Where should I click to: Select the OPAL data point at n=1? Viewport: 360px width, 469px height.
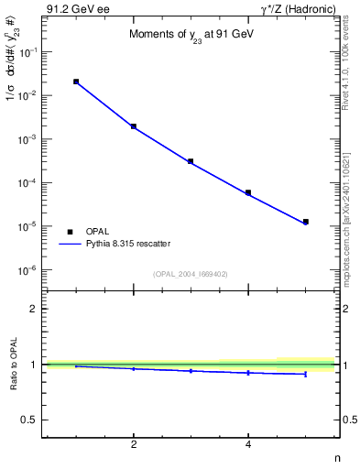pos(76,82)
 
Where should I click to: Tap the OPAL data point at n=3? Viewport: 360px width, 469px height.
pos(191,161)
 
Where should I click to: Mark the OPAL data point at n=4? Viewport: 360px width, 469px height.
pos(248,192)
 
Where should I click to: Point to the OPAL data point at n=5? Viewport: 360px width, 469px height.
pos(306,222)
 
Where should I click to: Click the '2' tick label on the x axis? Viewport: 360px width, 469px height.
pos(134,445)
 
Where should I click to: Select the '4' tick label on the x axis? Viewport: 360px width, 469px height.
pos(248,445)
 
